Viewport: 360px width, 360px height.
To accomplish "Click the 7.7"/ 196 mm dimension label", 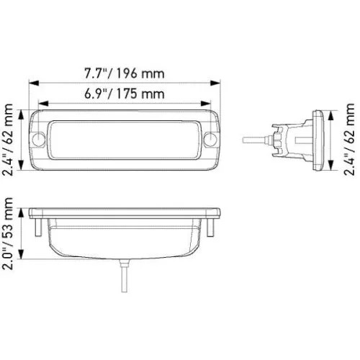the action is tap(125, 73).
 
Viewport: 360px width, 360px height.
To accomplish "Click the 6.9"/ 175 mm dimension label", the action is tap(125, 94).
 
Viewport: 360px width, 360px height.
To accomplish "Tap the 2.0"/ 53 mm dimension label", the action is tap(7, 233).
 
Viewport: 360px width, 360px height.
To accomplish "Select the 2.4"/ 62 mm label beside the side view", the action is tap(349, 139).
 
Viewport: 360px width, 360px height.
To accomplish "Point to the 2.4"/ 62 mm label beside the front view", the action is tap(7, 140).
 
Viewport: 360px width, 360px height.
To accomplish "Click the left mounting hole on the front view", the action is tap(39, 139).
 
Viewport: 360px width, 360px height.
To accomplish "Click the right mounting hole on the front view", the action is tap(210, 139).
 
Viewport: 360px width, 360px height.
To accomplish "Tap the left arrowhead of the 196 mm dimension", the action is tap(34, 83).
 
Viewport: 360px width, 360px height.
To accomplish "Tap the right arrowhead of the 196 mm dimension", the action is tap(215, 83).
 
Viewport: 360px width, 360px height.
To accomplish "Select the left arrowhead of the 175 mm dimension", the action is tap(43, 104).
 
